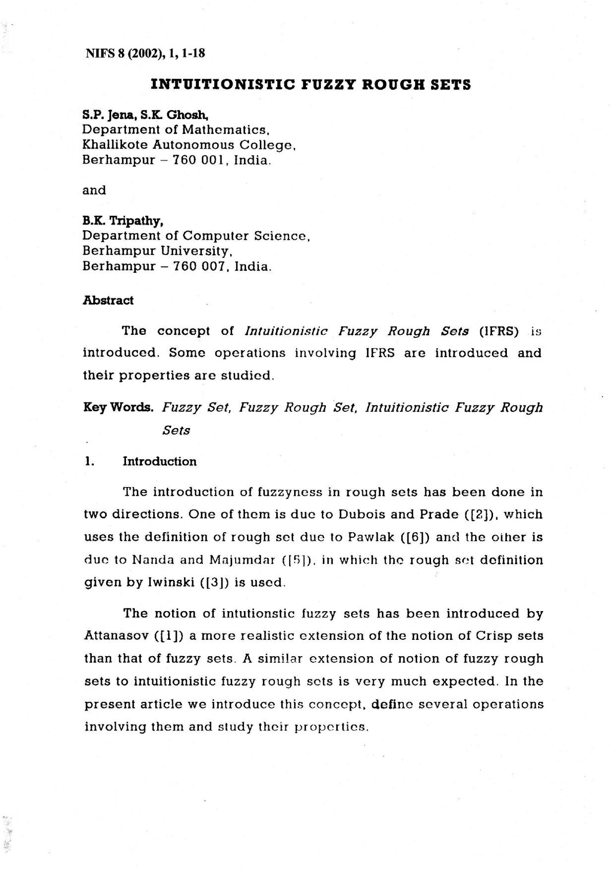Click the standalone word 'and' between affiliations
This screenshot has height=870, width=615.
94,191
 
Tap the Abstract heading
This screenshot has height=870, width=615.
108,300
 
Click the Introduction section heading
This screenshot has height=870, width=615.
159,461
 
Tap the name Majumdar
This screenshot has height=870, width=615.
243,560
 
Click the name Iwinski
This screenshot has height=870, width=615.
169,582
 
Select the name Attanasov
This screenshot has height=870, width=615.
116,636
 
